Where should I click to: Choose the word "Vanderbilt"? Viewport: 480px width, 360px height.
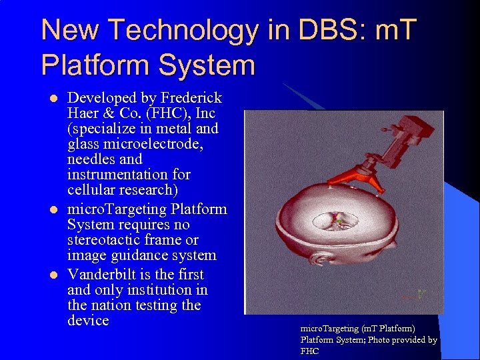click(x=104, y=275)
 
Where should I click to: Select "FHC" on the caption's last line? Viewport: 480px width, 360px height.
click(x=310, y=351)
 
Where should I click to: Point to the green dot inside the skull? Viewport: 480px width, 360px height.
click(x=339, y=221)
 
